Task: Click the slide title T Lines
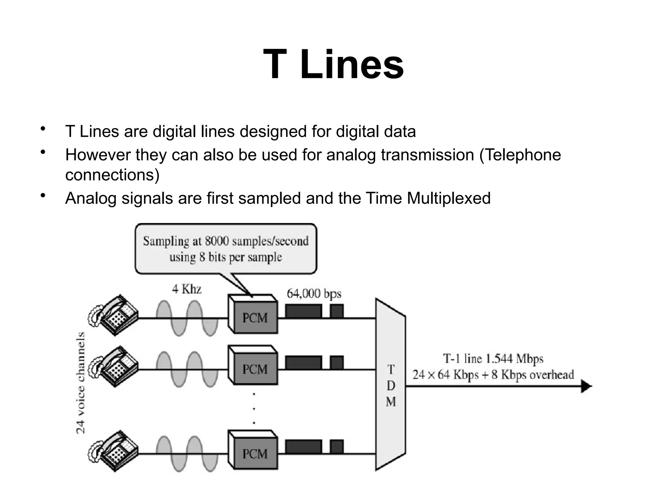333,64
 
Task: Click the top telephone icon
114,314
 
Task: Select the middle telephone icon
114,366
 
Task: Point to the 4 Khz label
187,289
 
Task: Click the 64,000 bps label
314,294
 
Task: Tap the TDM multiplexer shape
390,385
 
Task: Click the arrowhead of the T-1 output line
586,387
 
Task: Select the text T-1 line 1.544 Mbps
493,359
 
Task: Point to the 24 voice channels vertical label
80,383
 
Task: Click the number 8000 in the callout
217,241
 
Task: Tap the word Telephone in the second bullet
520,155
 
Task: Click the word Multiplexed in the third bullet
448,198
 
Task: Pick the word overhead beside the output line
552,374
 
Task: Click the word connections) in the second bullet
112,175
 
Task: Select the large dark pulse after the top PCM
303,311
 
